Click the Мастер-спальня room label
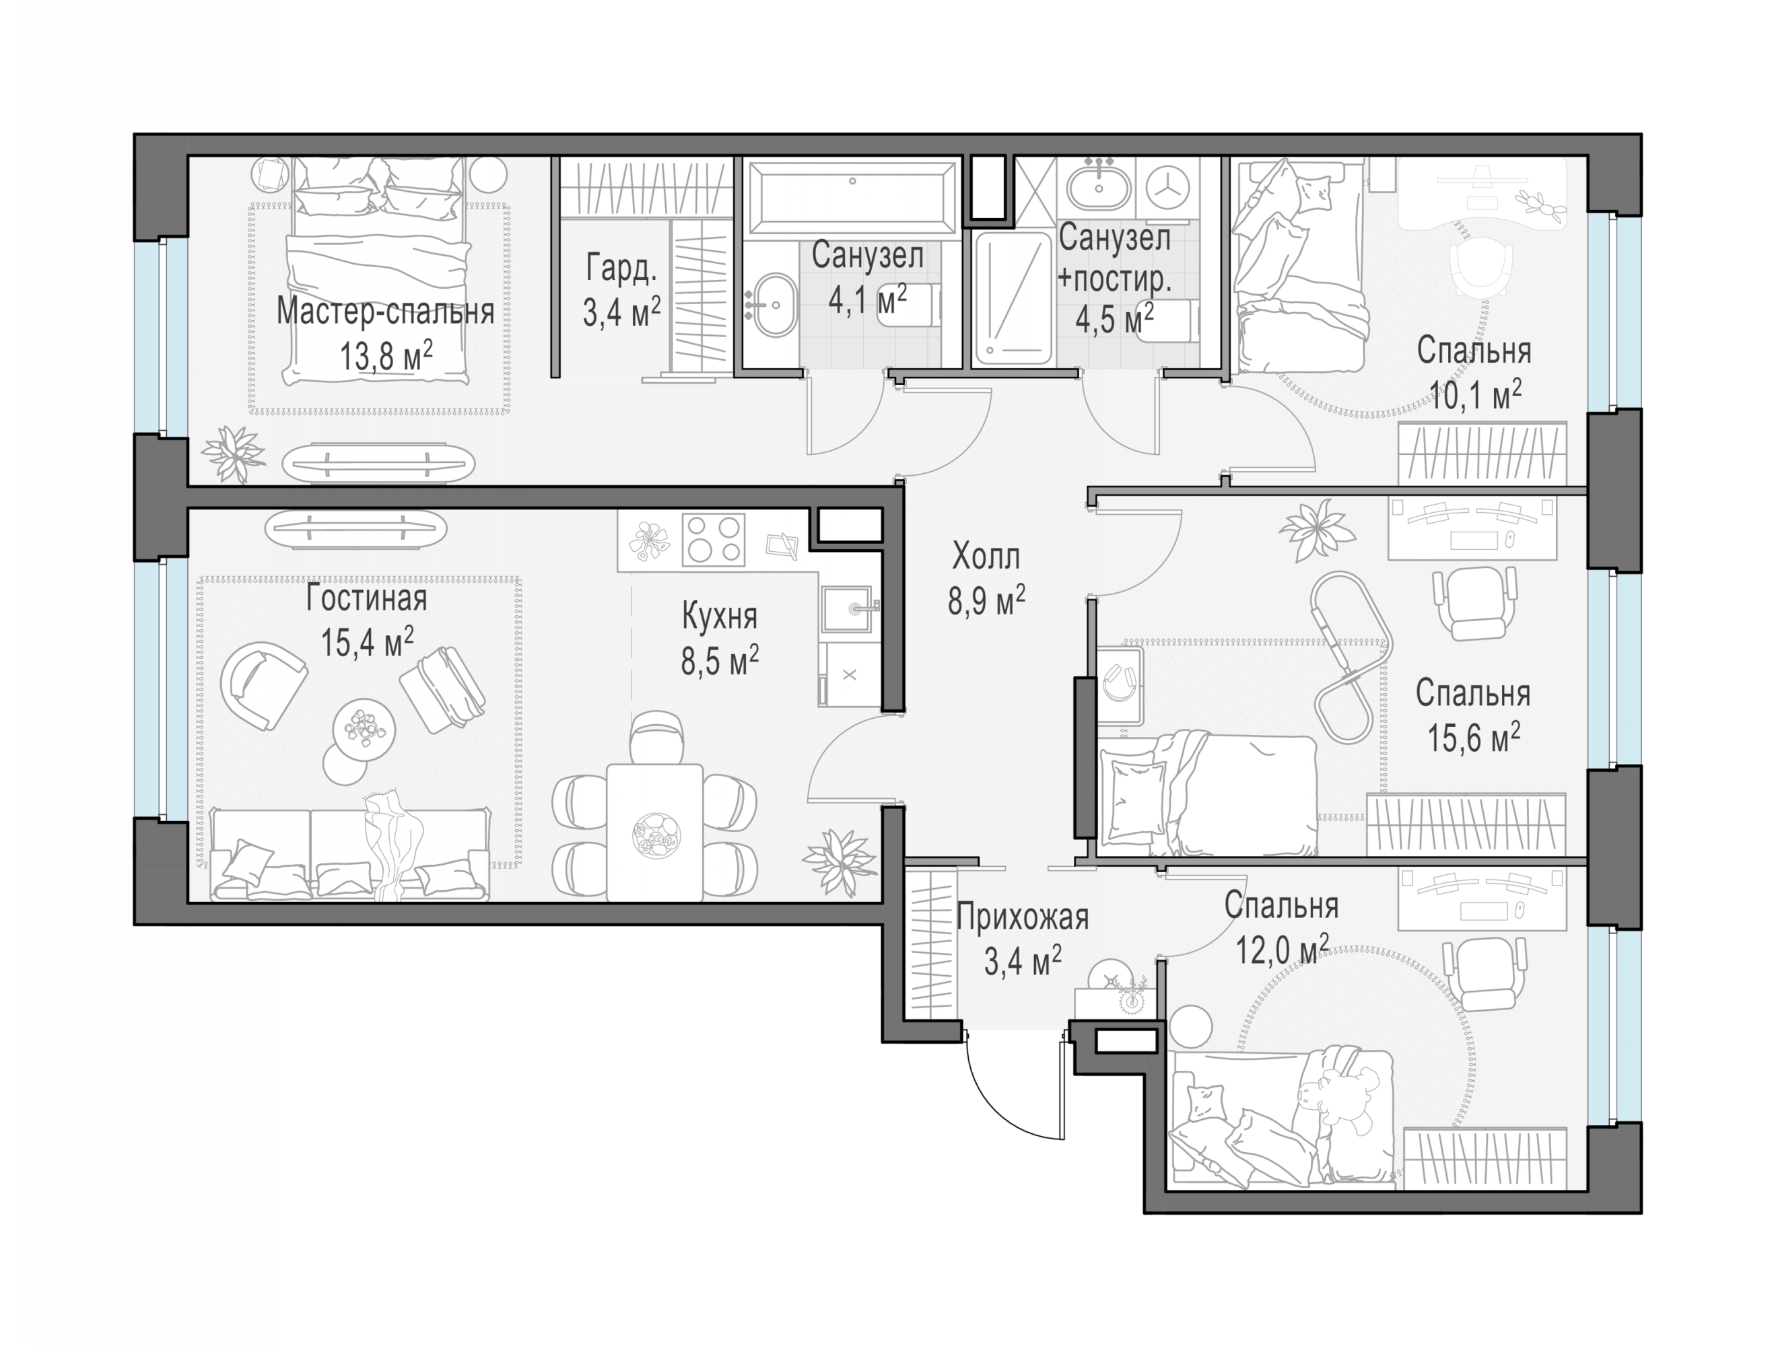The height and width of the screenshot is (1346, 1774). point(385,312)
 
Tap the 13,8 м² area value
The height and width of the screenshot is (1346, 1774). point(386,355)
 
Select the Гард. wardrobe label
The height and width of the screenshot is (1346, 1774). point(621,268)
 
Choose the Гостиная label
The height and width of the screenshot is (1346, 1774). point(366,598)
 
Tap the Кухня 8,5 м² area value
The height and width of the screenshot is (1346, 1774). point(720,662)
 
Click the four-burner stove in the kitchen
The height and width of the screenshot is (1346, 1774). point(713,540)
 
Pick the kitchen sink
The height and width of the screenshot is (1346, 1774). point(847,608)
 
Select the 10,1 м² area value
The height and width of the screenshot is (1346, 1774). point(1475,394)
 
